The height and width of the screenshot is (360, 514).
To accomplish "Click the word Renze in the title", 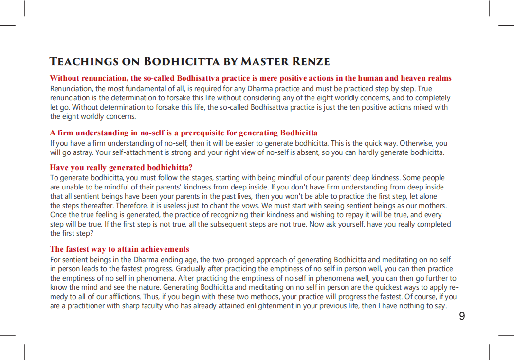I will pyautogui.click(x=310, y=62).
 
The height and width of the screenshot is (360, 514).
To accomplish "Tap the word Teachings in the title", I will pyautogui.click(x=84, y=62).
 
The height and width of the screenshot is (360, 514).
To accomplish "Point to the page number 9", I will pyautogui.click(x=462, y=316).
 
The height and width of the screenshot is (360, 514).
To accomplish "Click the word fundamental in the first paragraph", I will pyautogui.click(x=139, y=89).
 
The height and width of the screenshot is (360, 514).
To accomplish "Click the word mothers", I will pyautogui.click(x=433, y=206).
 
